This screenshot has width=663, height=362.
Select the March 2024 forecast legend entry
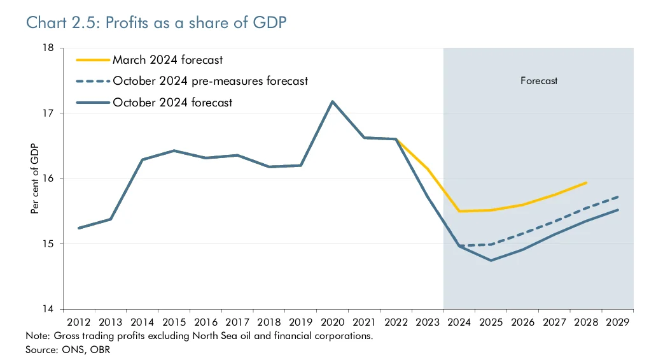click(x=167, y=60)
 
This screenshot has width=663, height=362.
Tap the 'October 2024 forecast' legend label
click(x=172, y=102)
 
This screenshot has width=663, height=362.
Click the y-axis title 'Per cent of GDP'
click(x=35, y=178)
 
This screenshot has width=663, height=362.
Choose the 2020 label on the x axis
click(x=332, y=321)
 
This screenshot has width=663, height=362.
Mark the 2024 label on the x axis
click(x=459, y=321)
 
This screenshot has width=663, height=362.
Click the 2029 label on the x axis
click(x=618, y=321)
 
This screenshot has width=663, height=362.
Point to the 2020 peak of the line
click(x=332, y=101)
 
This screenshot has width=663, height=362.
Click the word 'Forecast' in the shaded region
click(x=539, y=81)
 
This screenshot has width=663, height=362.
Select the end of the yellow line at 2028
click(x=586, y=183)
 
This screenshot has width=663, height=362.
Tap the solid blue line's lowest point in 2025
click(x=491, y=260)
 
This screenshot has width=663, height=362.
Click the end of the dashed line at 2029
click(x=618, y=197)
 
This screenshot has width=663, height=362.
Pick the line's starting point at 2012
click(x=79, y=228)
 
